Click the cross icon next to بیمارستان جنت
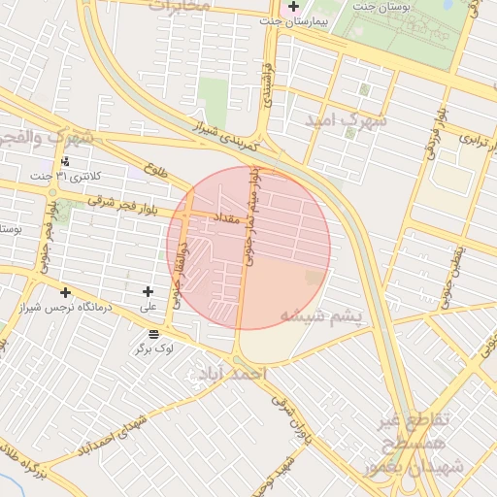pos(294,7)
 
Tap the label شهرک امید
pos(346,120)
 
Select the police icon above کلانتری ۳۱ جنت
pos(65,161)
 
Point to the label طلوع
pos(154,171)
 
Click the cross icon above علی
pos(148,291)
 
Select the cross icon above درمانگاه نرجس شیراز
pos(65,292)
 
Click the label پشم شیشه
pos(320,316)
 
